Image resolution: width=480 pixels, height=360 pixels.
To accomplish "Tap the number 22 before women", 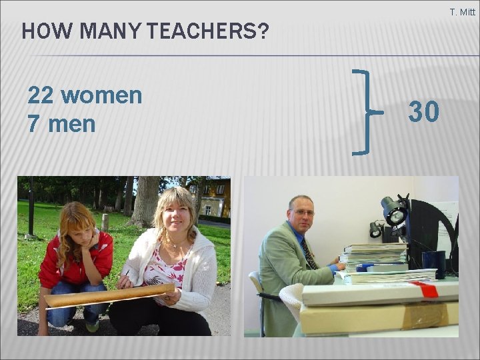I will point(40,96).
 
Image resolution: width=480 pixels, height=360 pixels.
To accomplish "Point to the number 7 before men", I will point(33,123).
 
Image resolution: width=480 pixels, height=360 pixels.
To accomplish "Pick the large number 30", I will point(424,113).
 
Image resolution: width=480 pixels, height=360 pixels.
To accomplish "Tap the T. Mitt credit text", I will point(462,12).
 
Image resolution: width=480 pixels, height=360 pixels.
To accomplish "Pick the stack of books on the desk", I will point(375,256).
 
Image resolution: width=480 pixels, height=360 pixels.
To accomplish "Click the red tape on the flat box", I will point(427,289).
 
